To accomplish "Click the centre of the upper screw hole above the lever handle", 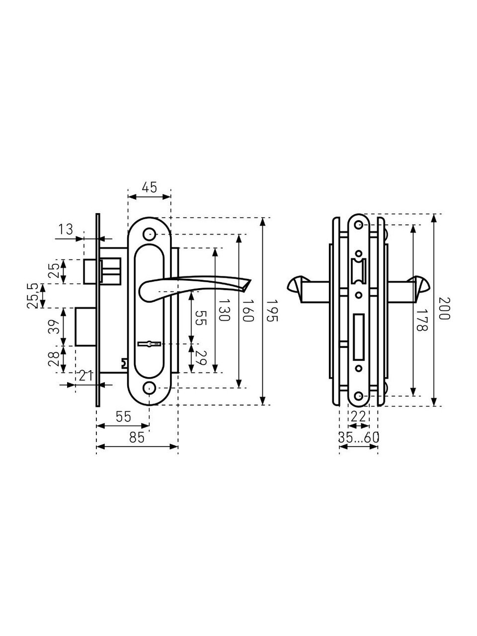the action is [x=149, y=234].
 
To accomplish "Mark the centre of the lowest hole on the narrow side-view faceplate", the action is [x=359, y=396].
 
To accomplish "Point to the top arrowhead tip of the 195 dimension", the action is [x=262, y=218].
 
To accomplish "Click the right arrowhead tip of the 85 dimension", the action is [x=177, y=447].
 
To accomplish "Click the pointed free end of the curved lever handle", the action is [x=251, y=280].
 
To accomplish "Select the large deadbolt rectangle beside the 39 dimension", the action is [x=86, y=327].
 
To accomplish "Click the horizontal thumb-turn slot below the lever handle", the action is [x=150, y=344].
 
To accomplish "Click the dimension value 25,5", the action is [x=32, y=296].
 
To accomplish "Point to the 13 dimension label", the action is [x=66, y=230].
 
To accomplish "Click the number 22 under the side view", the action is [x=359, y=417].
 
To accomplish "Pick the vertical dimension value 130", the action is [x=224, y=310].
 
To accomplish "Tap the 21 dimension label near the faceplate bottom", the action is [x=86, y=376].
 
